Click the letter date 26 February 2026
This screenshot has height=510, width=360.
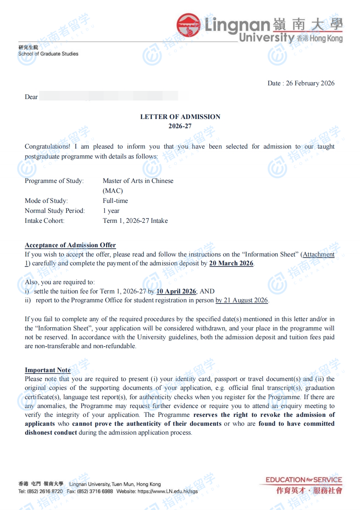pos(310,83)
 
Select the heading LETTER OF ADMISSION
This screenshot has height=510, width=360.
pos(180,117)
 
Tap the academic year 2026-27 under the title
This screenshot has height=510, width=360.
pos(180,126)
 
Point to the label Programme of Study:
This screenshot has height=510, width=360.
pos(54,181)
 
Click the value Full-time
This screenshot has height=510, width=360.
pos(115,201)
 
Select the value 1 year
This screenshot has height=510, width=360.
pos(111,211)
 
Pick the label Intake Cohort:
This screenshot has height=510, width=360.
pos(44,221)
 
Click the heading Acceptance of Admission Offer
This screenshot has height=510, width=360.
pos(70,245)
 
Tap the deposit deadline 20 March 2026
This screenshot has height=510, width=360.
pos(231,263)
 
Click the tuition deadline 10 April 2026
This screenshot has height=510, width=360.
pos(176,291)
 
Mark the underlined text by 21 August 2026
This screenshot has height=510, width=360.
pos(242,300)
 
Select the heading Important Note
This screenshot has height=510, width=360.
pos(48,370)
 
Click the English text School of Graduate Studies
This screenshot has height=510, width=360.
pos(48,54)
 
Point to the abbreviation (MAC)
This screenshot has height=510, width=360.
pos(113,191)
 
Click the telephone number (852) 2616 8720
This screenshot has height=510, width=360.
pos(45,491)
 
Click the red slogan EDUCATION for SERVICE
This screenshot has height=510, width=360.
pos(304,480)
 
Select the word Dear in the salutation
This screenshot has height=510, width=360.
pos(31,97)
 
